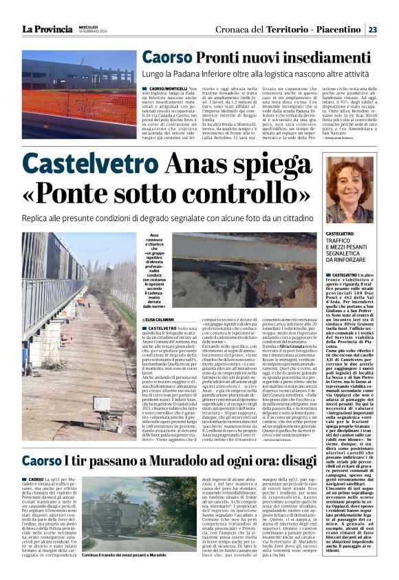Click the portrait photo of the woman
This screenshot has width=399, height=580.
354,188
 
